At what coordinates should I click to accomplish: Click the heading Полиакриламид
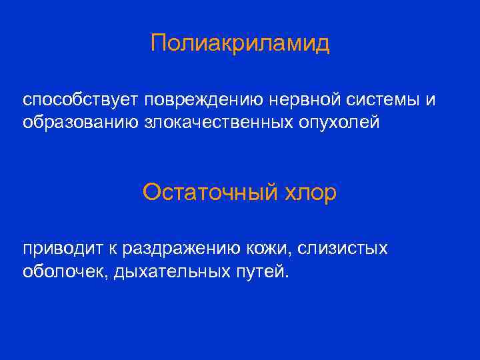click(x=240, y=44)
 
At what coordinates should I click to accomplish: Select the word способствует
click(x=78, y=100)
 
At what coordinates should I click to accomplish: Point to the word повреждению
click(x=199, y=100)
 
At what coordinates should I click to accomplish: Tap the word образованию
click(x=75, y=123)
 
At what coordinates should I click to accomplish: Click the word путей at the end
click(x=261, y=272)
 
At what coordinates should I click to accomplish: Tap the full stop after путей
click(x=288, y=277)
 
